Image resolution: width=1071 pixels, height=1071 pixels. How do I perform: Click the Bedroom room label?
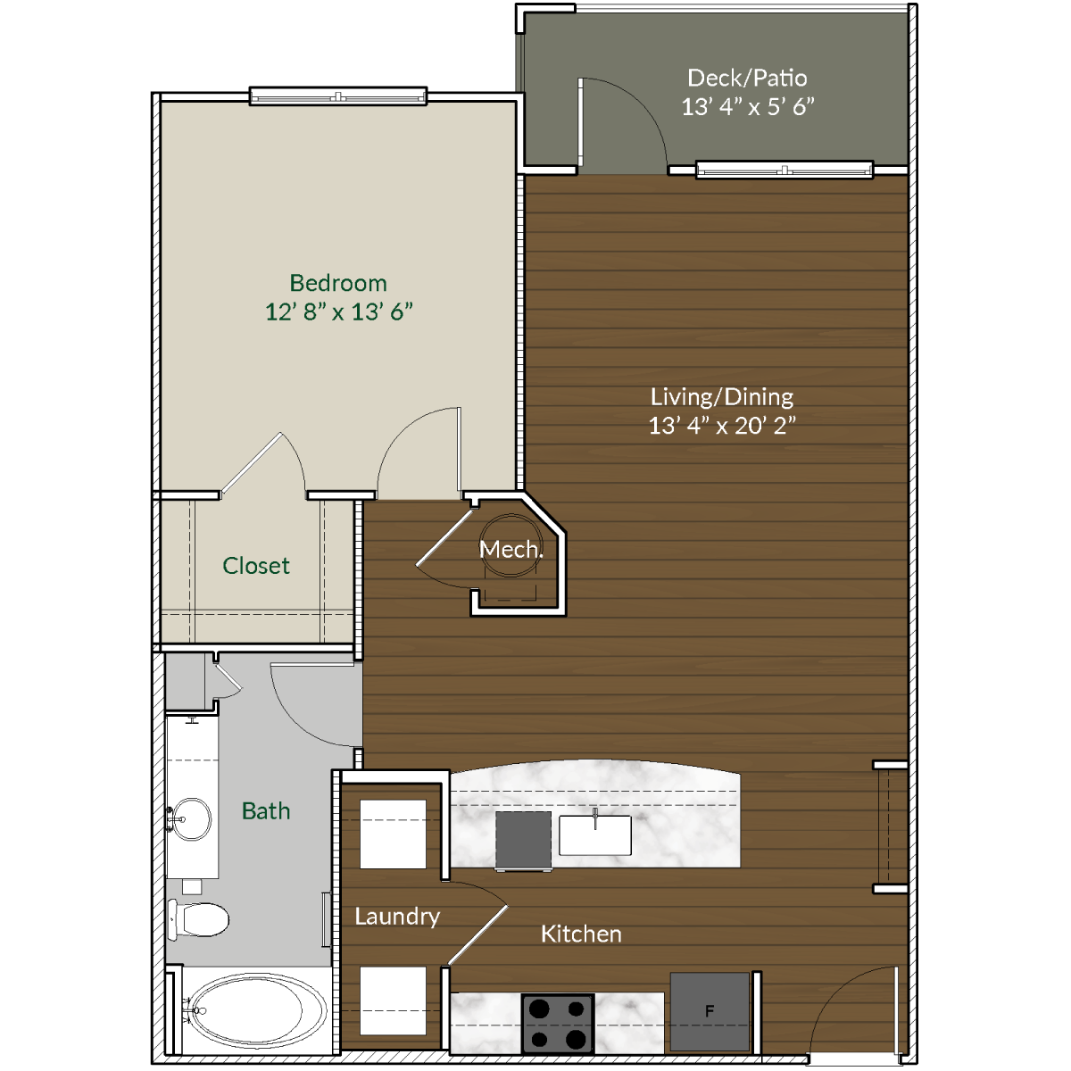coord(338,283)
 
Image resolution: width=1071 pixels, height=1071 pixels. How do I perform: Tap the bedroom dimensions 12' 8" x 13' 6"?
coord(338,312)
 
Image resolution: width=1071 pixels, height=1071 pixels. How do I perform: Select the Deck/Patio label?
coord(747,78)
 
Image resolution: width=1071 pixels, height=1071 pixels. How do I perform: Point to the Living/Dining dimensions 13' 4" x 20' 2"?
coord(721,426)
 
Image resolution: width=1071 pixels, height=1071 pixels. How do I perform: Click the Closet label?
coord(256,566)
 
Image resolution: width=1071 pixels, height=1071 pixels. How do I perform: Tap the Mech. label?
coord(511,550)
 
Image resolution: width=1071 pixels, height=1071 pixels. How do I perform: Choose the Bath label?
coord(266,811)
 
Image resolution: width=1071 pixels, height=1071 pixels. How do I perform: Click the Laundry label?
coord(397,917)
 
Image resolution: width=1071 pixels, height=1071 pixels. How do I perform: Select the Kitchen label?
coord(581,934)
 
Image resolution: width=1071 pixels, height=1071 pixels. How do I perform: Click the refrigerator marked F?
coord(710,1011)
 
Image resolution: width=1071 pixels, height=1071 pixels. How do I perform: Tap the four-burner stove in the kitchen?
coord(558,1023)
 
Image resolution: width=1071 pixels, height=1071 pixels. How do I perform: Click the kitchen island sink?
coord(595,834)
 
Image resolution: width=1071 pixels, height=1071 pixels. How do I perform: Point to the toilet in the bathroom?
coord(199,918)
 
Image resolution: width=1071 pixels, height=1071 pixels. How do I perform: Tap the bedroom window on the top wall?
coord(337,97)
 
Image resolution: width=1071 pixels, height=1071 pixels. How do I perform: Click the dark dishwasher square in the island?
coord(523,839)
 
